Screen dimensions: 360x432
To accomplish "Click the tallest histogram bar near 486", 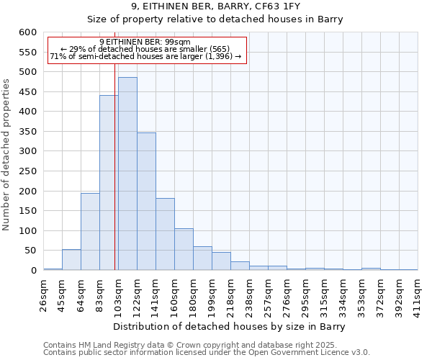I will [127, 174].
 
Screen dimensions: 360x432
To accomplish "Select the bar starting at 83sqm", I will [109, 183].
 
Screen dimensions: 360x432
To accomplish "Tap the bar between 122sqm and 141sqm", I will [146, 202].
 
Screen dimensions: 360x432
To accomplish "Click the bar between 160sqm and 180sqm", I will [184, 249].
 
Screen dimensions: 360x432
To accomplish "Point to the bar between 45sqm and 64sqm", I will [71, 260].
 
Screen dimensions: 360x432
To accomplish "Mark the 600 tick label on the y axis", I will [27, 32].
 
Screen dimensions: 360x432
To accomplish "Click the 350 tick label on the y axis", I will [27, 132].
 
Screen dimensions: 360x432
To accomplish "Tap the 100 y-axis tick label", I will [27, 231].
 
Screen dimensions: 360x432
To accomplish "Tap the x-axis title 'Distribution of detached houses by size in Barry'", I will [230, 327].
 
